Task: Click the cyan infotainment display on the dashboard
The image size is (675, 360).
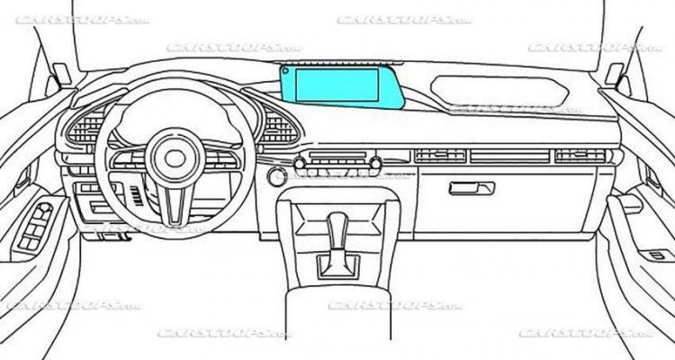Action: click(x=338, y=85)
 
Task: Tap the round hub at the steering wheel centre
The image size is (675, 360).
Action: click(x=175, y=158)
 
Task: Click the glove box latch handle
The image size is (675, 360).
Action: click(x=472, y=187)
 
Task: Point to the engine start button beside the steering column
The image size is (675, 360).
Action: click(x=276, y=175)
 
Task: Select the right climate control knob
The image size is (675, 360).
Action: click(x=374, y=163)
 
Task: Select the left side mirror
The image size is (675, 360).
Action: click(x=61, y=74)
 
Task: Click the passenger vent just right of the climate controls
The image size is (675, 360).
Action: click(x=440, y=156)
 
